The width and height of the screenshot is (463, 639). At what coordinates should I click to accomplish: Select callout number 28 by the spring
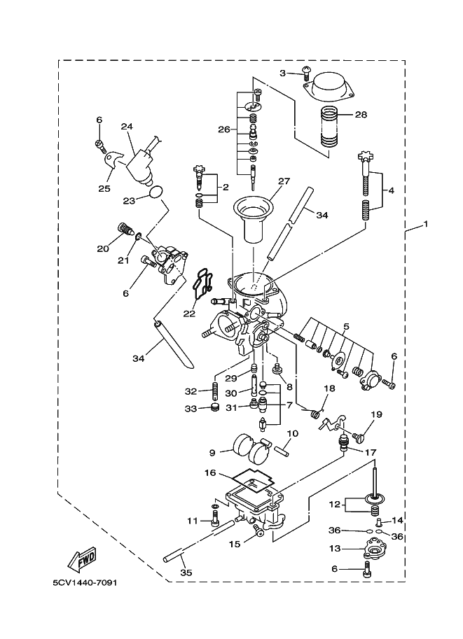[x=361, y=114]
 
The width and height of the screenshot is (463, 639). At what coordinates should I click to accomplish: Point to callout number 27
[x=283, y=181]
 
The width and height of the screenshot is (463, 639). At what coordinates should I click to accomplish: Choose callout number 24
[x=127, y=127]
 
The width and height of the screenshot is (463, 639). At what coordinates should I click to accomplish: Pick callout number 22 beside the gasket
[x=190, y=314]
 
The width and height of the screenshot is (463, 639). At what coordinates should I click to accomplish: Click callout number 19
[x=377, y=415]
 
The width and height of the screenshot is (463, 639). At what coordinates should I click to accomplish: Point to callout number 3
[x=283, y=72]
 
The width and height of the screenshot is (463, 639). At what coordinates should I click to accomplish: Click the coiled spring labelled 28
[x=329, y=127]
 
